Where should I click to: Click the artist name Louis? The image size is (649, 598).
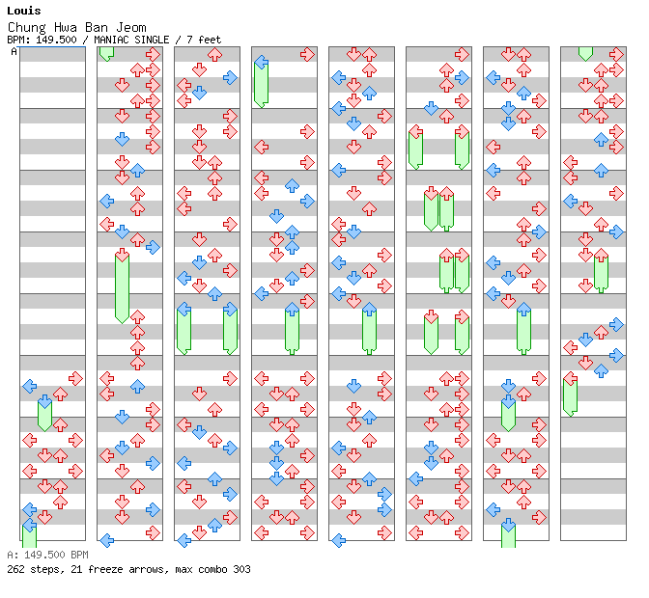tap(24, 11)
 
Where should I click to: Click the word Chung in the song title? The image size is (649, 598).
tap(26, 28)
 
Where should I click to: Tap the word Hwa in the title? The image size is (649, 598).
tap(66, 28)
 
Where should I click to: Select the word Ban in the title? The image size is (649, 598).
tap(97, 28)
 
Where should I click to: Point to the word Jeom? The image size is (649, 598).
tap(131, 28)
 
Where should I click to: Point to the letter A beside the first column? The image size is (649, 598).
tap(14, 51)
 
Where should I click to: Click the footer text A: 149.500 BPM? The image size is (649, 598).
tap(47, 555)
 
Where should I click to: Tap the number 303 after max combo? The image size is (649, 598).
tap(241, 569)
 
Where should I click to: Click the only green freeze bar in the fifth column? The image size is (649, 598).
tap(369, 329)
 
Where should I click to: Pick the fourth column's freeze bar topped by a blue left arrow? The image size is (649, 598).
tap(261, 83)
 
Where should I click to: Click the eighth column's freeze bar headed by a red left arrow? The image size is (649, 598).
tap(571, 394)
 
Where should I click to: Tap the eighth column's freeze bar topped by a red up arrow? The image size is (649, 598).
tap(601, 272)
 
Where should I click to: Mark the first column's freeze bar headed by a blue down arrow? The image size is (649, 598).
tap(44, 414)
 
